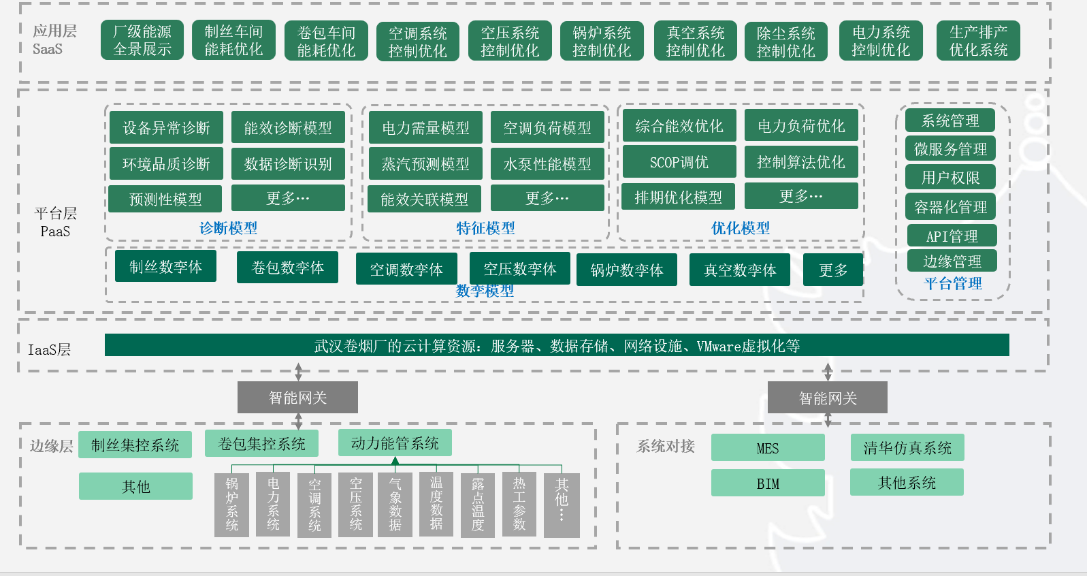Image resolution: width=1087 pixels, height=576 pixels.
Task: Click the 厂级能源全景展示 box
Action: click(142, 40)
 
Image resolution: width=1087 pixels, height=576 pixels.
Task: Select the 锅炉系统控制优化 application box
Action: click(602, 42)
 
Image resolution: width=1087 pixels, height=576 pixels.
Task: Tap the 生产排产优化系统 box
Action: click(978, 41)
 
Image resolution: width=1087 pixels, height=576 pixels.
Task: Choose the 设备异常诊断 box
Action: click(166, 127)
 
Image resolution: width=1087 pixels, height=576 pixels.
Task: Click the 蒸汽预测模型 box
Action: click(425, 164)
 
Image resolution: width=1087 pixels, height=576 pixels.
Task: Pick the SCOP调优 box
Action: click(679, 162)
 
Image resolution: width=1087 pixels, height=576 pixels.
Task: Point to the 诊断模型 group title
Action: click(228, 228)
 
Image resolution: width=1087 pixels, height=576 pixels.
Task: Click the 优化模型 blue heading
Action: click(741, 228)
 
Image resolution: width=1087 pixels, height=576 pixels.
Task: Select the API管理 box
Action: click(952, 236)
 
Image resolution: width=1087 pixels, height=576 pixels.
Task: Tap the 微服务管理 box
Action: click(950, 148)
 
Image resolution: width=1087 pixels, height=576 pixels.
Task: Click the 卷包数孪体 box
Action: click(287, 268)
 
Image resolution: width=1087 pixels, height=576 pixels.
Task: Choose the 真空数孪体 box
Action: click(740, 270)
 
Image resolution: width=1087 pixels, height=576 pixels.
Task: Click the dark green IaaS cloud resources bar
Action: click(557, 345)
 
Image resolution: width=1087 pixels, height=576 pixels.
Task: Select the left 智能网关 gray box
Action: click(297, 397)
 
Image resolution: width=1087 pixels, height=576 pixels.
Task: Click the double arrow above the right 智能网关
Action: click(828, 372)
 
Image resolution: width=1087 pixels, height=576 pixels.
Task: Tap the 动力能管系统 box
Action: click(395, 443)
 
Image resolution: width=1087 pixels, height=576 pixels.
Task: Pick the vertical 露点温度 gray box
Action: click(478, 505)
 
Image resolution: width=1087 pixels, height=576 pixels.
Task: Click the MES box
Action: click(768, 448)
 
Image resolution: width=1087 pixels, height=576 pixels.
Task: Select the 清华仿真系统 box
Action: click(907, 447)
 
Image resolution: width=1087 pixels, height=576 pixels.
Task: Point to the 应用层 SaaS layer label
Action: click(54, 39)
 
